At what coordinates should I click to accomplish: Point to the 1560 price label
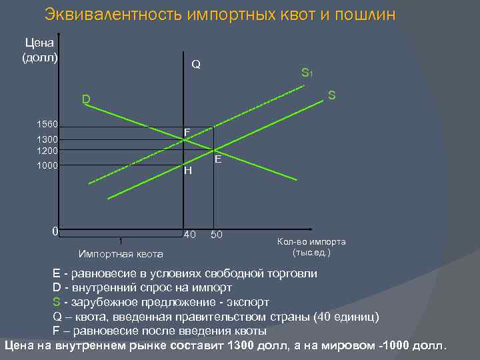coord(47,125)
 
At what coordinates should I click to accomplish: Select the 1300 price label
coord(47,139)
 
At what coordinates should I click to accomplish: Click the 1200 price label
coord(47,150)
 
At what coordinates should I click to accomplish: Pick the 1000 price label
coord(47,165)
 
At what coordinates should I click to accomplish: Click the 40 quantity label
coord(190,235)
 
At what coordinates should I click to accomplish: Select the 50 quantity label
coord(217,235)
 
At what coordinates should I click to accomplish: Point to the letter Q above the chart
coord(196,65)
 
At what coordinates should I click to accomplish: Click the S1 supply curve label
coord(307,73)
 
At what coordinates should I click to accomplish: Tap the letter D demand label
coord(86,100)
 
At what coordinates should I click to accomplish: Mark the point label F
coord(187,133)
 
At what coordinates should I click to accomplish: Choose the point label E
coord(218,160)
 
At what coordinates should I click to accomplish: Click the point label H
coord(188,170)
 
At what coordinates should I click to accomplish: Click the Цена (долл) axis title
coord(41,50)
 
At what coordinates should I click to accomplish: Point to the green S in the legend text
coord(57,301)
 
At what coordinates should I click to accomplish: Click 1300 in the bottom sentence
coord(241,345)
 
